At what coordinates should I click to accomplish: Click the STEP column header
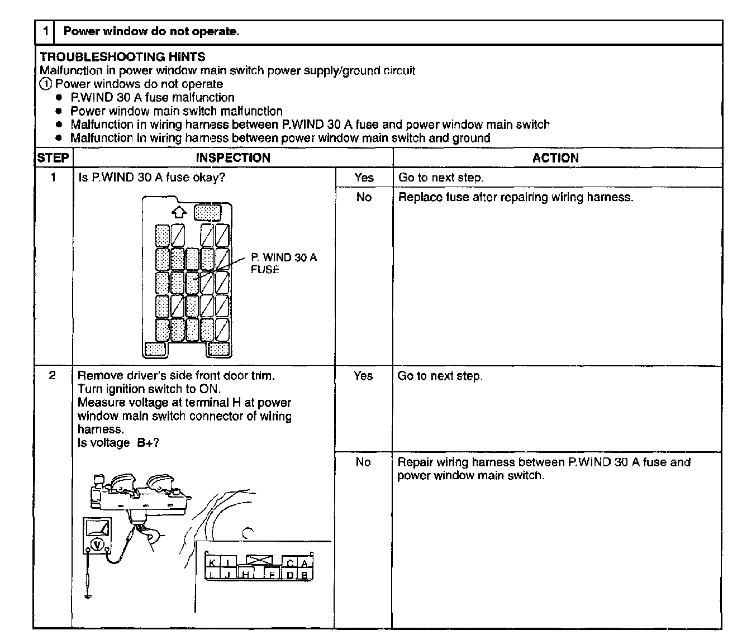[53, 158]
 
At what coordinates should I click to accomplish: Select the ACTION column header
[555, 158]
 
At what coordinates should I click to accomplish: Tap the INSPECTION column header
[233, 158]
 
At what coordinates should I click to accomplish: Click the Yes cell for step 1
[364, 178]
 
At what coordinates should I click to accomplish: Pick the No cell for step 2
[363, 462]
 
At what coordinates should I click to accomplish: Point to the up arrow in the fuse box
[178, 212]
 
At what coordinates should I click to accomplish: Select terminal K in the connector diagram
[213, 563]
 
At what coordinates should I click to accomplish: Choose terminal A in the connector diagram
[305, 563]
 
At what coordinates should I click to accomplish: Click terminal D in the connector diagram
[290, 575]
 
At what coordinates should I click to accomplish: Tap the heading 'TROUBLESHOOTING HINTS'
[122, 57]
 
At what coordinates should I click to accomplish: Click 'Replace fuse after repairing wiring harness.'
[515, 197]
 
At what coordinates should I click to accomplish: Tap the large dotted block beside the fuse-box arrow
[207, 212]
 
